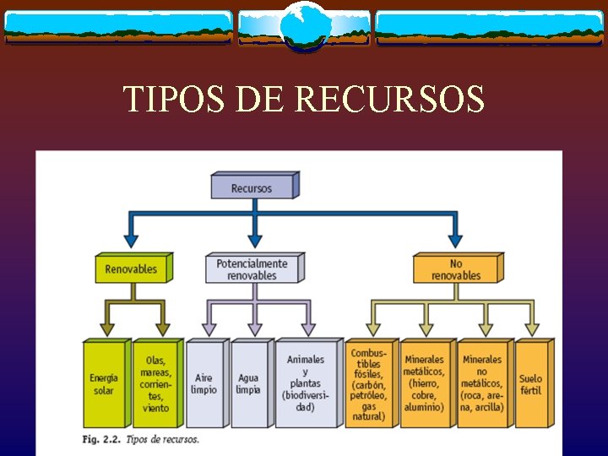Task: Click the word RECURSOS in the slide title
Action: pyautogui.click(x=390, y=100)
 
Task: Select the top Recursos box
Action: pyautogui.click(x=252, y=187)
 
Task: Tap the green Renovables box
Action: pyautogui.click(x=131, y=269)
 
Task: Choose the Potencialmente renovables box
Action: pyautogui.click(x=252, y=269)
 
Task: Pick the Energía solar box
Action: pyautogui.click(x=104, y=385)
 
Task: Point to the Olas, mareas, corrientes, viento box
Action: pyautogui.click(x=155, y=385)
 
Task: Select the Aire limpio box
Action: pyautogui.click(x=204, y=385)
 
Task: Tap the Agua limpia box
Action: pyautogui.click(x=249, y=385)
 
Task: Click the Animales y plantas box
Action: pyautogui.click(x=305, y=385)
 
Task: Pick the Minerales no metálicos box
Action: pyautogui.click(x=482, y=385)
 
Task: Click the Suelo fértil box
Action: pyautogui.click(x=531, y=385)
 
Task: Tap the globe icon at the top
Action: pyautogui.click(x=303, y=25)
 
